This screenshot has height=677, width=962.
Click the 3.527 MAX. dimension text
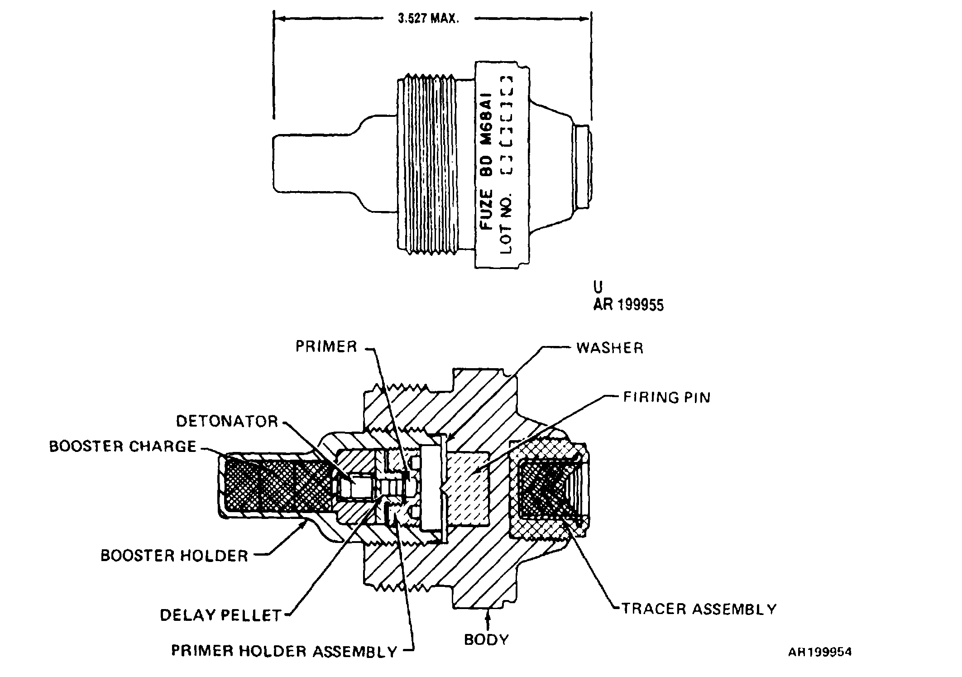tap(428, 19)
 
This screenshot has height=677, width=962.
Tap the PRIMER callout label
tap(326, 346)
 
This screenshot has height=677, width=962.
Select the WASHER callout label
tap(609, 348)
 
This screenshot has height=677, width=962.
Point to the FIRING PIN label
tap(667, 397)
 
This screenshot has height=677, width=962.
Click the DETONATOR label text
tap(227, 421)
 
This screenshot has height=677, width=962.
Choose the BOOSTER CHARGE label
tap(123, 446)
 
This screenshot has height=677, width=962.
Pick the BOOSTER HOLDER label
tap(174, 556)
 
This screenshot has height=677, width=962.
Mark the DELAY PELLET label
tap(221, 615)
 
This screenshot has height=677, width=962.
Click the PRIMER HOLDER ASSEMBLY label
tap(284, 651)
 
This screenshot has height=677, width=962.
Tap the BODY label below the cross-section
tap(487, 639)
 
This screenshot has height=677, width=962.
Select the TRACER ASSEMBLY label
tap(699, 609)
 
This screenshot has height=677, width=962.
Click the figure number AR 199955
tap(628, 305)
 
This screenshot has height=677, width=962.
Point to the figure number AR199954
tap(820, 652)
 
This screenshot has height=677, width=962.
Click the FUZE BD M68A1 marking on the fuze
tap(486, 161)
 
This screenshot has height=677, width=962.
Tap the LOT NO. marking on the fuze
tap(506, 225)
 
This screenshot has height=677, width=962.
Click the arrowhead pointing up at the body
tap(488, 614)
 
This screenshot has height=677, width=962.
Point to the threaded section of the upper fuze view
tap(426, 166)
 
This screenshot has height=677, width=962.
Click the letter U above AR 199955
tap(598, 288)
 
